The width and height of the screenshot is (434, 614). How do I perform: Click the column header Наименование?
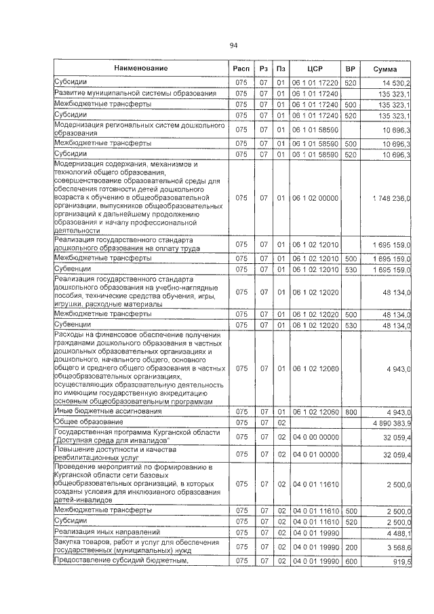(140, 68)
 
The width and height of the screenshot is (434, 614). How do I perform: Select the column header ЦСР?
(314, 69)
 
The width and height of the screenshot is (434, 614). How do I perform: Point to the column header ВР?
(351, 69)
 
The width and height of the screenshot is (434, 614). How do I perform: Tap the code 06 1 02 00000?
(314, 197)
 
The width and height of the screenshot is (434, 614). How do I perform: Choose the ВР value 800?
(351, 411)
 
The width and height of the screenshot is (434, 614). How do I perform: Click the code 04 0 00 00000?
(314, 436)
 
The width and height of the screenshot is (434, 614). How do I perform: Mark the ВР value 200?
(351, 547)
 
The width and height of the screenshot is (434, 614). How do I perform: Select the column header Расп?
(241, 69)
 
